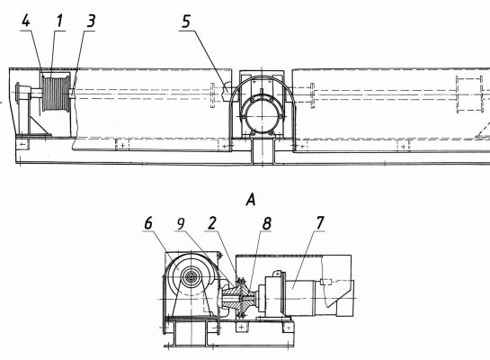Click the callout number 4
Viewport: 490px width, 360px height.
(x=26, y=22)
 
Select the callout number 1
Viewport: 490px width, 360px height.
(x=59, y=22)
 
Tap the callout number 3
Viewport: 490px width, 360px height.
(x=91, y=22)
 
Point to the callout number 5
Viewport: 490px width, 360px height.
(x=186, y=22)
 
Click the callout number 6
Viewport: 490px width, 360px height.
(x=148, y=223)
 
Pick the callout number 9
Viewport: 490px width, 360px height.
(x=181, y=223)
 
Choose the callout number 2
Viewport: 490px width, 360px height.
(x=212, y=223)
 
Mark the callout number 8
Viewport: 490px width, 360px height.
(x=266, y=223)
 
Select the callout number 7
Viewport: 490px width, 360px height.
(x=320, y=222)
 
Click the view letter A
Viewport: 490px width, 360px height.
(x=251, y=200)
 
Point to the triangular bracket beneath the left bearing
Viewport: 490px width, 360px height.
(x=40, y=125)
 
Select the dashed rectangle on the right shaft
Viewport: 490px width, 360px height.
(x=468, y=94)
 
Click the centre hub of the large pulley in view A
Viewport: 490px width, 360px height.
(x=191, y=277)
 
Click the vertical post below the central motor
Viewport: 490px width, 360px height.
(x=263, y=152)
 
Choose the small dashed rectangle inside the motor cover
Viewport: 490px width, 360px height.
(x=325, y=282)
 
